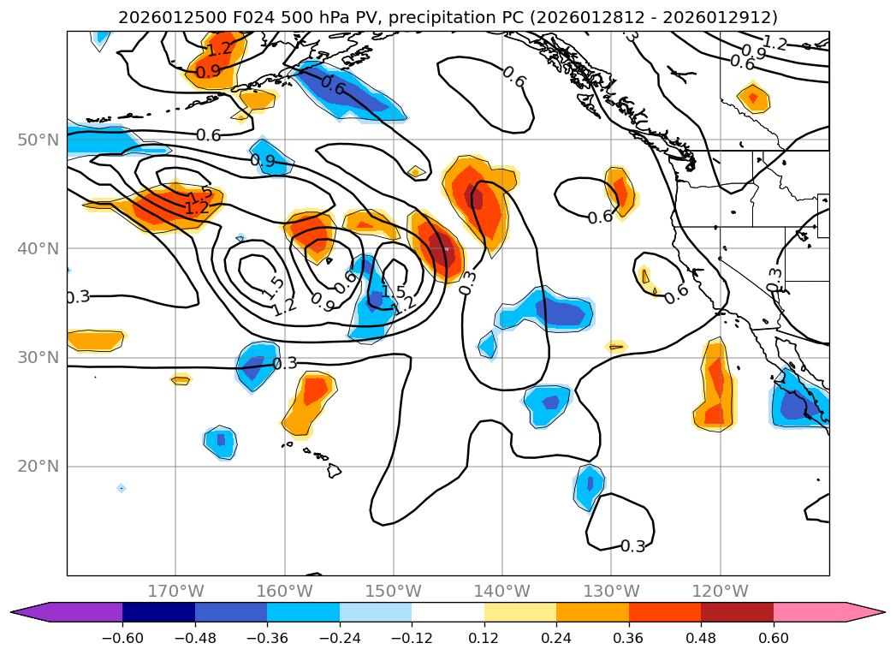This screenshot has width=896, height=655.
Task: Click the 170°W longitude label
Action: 175,591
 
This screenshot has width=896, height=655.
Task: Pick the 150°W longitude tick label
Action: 394,591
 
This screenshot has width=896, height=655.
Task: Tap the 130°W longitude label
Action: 611,591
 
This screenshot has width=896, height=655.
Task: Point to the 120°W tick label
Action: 721,591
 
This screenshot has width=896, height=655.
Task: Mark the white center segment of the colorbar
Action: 448,612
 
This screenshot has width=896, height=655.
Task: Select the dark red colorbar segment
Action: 737,612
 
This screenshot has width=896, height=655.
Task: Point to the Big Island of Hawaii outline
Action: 333,470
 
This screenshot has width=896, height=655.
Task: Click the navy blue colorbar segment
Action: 158,612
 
